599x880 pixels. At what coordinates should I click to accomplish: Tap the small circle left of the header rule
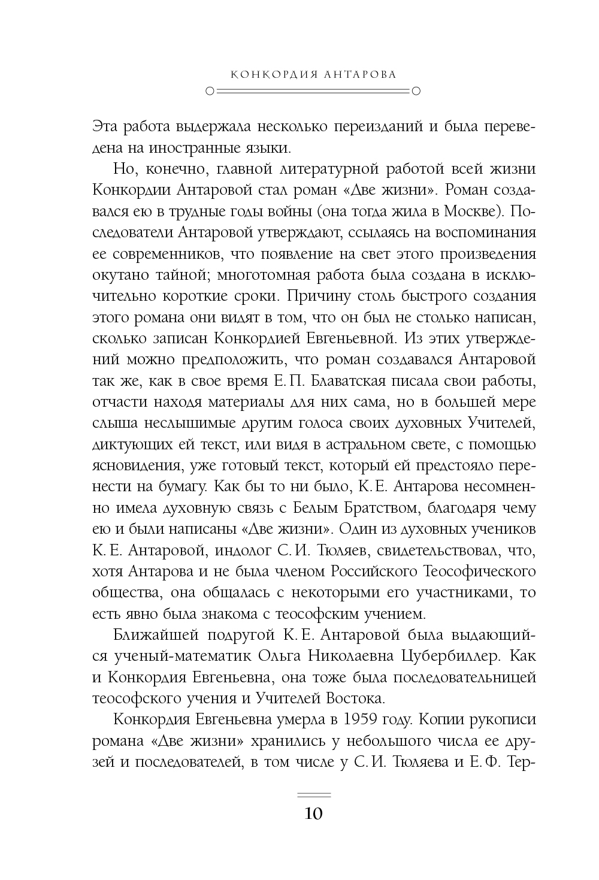[208, 92]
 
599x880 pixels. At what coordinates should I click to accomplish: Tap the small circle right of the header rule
[416, 92]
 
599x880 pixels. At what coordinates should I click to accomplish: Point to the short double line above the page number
[313, 795]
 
